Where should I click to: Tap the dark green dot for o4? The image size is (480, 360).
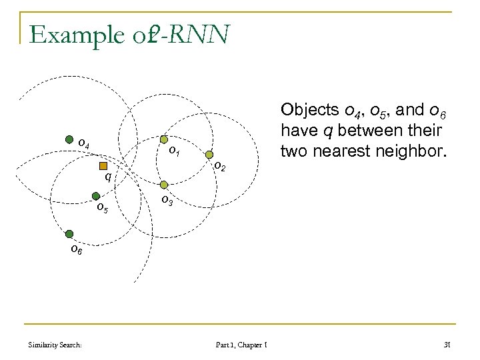(x=69, y=140)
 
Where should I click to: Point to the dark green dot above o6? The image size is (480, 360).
(x=69, y=233)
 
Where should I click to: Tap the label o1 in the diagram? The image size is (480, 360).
(x=174, y=151)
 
